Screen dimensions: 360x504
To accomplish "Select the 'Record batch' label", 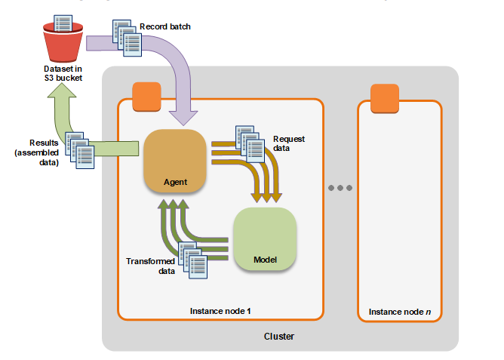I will [x=165, y=27].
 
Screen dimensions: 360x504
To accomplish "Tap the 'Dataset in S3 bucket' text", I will [x=63, y=74].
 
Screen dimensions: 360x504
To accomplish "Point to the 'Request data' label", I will [x=288, y=144].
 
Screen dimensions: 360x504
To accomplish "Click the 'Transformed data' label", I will [x=151, y=265].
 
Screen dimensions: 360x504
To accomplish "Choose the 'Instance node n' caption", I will [x=399, y=312].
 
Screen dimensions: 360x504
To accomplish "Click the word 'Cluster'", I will [x=279, y=337].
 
